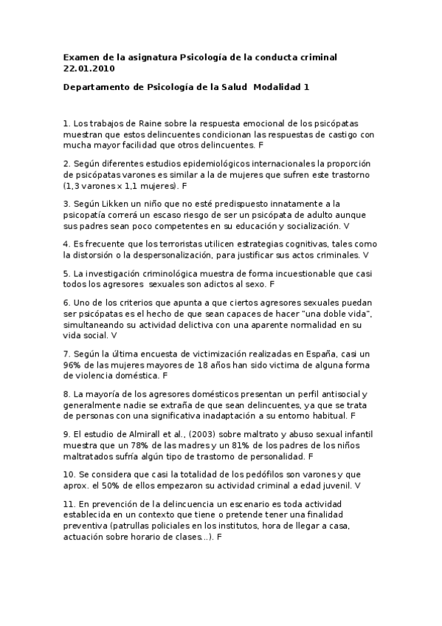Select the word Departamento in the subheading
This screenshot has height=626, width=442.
tap(97, 87)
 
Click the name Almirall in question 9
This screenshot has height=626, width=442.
tap(136, 436)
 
